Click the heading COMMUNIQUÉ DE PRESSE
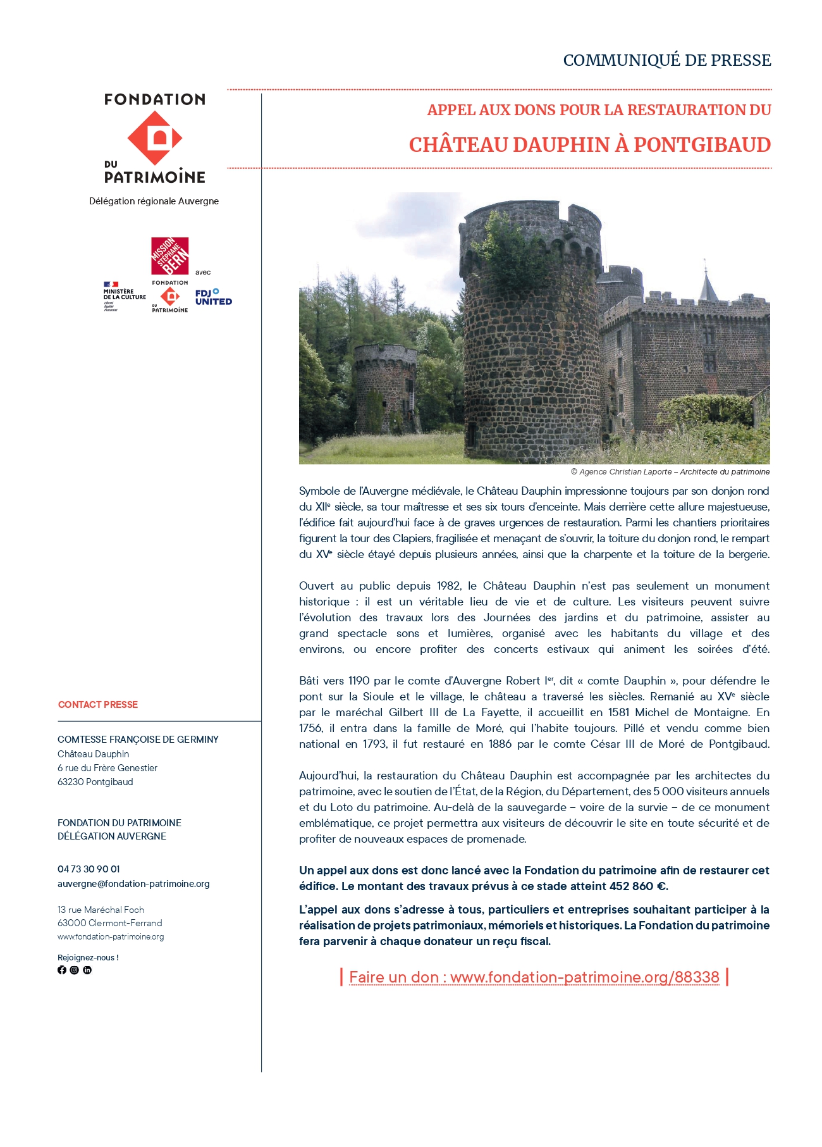pos(666,60)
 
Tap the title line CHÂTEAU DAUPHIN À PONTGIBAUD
pos(589,145)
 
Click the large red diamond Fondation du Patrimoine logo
pos(155,138)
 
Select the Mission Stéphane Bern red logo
pos(169,256)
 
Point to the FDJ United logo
pos(213,297)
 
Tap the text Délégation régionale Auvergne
pos(154,201)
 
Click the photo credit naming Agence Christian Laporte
pos(670,472)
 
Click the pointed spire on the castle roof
pos(707,283)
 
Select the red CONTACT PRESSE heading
pos(98,705)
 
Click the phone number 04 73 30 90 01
pos(89,869)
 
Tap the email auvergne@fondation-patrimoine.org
pos(133,884)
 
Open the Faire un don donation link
pos(534,977)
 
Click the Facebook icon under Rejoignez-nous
pos(62,970)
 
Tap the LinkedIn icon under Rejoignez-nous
pos(87,970)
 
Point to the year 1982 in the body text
pos(449,586)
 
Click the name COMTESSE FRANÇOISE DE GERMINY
pos(138,740)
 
